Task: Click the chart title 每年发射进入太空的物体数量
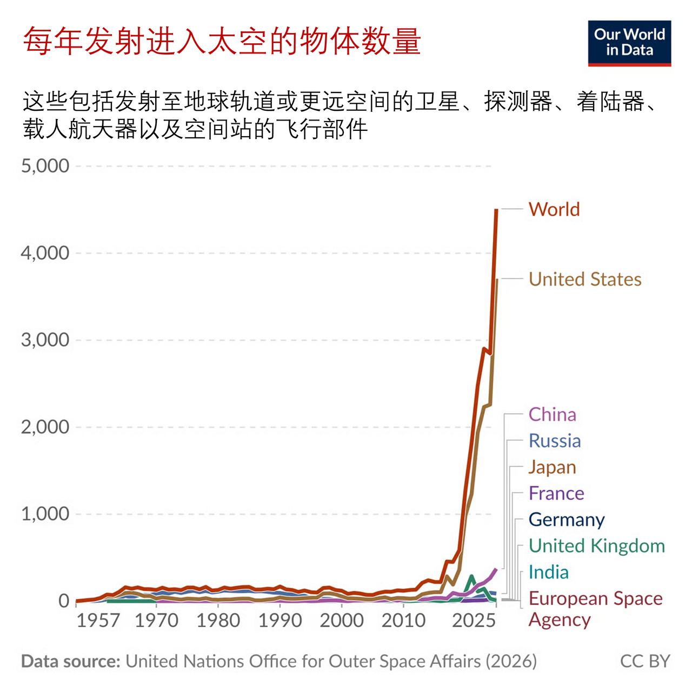point(222,41)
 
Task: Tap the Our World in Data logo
point(629,43)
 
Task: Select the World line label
point(554,209)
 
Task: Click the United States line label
point(585,279)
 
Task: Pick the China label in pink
point(552,415)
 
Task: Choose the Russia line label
point(555,441)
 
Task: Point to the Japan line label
point(552,467)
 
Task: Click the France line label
point(556,493)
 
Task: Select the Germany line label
point(567,520)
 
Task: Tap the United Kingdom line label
point(597,545)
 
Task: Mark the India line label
point(548,572)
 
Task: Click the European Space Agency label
point(595,609)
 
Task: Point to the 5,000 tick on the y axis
point(45,166)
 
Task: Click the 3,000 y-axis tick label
point(45,340)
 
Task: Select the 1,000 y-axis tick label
point(45,514)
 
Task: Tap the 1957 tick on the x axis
point(98,620)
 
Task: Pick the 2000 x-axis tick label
point(341,620)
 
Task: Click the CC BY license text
point(645,661)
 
